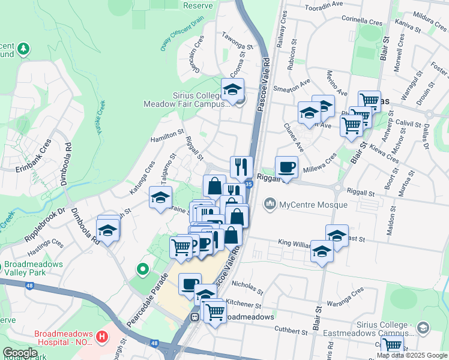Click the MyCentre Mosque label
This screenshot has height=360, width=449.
pos(313,205)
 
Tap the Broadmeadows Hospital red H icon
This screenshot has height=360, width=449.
pos(101,337)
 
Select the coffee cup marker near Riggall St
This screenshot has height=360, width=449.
pos(286,167)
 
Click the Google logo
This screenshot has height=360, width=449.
pos(20,353)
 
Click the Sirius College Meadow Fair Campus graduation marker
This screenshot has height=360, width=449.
pos(232,91)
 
